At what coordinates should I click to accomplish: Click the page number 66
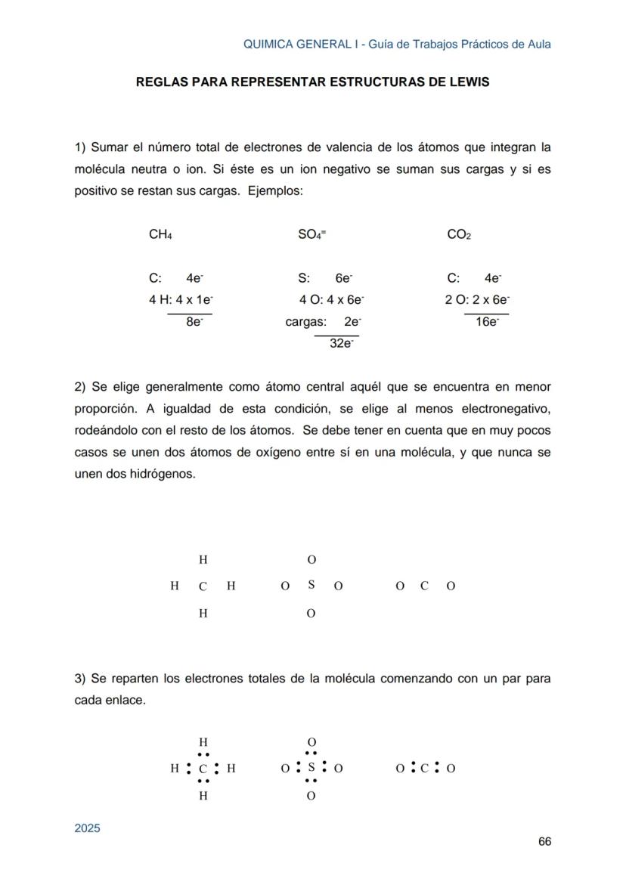click(x=544, y=841)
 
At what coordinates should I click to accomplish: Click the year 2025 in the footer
click(x=87, y=828)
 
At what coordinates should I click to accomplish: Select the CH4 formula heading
click(x=160, y=235)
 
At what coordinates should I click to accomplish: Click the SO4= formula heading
click(x=312, y=235)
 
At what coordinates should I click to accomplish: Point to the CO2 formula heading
click(x=459, y=235)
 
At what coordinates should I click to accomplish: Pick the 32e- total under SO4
click(x=342, y=343)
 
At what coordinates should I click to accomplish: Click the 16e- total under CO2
click(x=488, y=322)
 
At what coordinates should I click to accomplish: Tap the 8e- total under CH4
click(x=194, y=322)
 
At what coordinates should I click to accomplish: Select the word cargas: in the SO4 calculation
click(x=305, y=322)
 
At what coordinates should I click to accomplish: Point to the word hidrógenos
click(x=166, y=475)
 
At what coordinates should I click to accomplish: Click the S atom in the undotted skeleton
click(x=311, y=585)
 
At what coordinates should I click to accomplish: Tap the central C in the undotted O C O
click(x=424, y=586)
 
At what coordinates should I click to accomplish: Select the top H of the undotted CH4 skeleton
click(x=203, y=560)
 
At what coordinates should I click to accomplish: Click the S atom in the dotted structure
click(x=311, y=768)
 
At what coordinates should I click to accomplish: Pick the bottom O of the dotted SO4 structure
click(x=311, y=796)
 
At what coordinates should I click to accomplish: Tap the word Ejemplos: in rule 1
click(x=275, y=190)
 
